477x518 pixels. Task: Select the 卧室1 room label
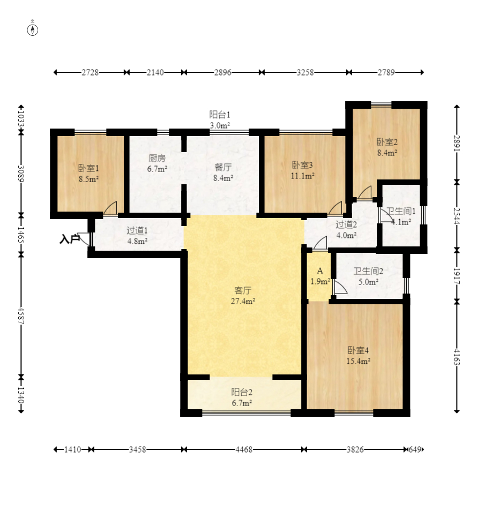[88, 168]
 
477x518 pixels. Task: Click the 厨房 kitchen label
[157, 158]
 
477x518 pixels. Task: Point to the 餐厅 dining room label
[223, 167]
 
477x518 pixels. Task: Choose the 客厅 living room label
[243, 290]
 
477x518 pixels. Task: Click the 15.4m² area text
[359, 361]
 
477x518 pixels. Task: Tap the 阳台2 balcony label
[242, 392]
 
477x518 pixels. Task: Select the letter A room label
[320, 271]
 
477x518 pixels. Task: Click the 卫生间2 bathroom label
[368, 271]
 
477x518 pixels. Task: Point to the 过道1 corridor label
[137, 230]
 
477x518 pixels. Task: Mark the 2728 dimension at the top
[90, 72]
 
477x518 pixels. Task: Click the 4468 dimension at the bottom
[244, 449]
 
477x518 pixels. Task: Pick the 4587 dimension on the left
[21, 316]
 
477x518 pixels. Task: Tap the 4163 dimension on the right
[457, 357]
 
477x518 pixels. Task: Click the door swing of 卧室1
[110, 208]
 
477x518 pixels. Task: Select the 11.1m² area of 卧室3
[302, 176]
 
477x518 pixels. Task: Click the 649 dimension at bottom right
[415, 449]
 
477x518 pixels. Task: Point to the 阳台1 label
[220, 115]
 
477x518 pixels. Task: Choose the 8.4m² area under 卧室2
[387, 153]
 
